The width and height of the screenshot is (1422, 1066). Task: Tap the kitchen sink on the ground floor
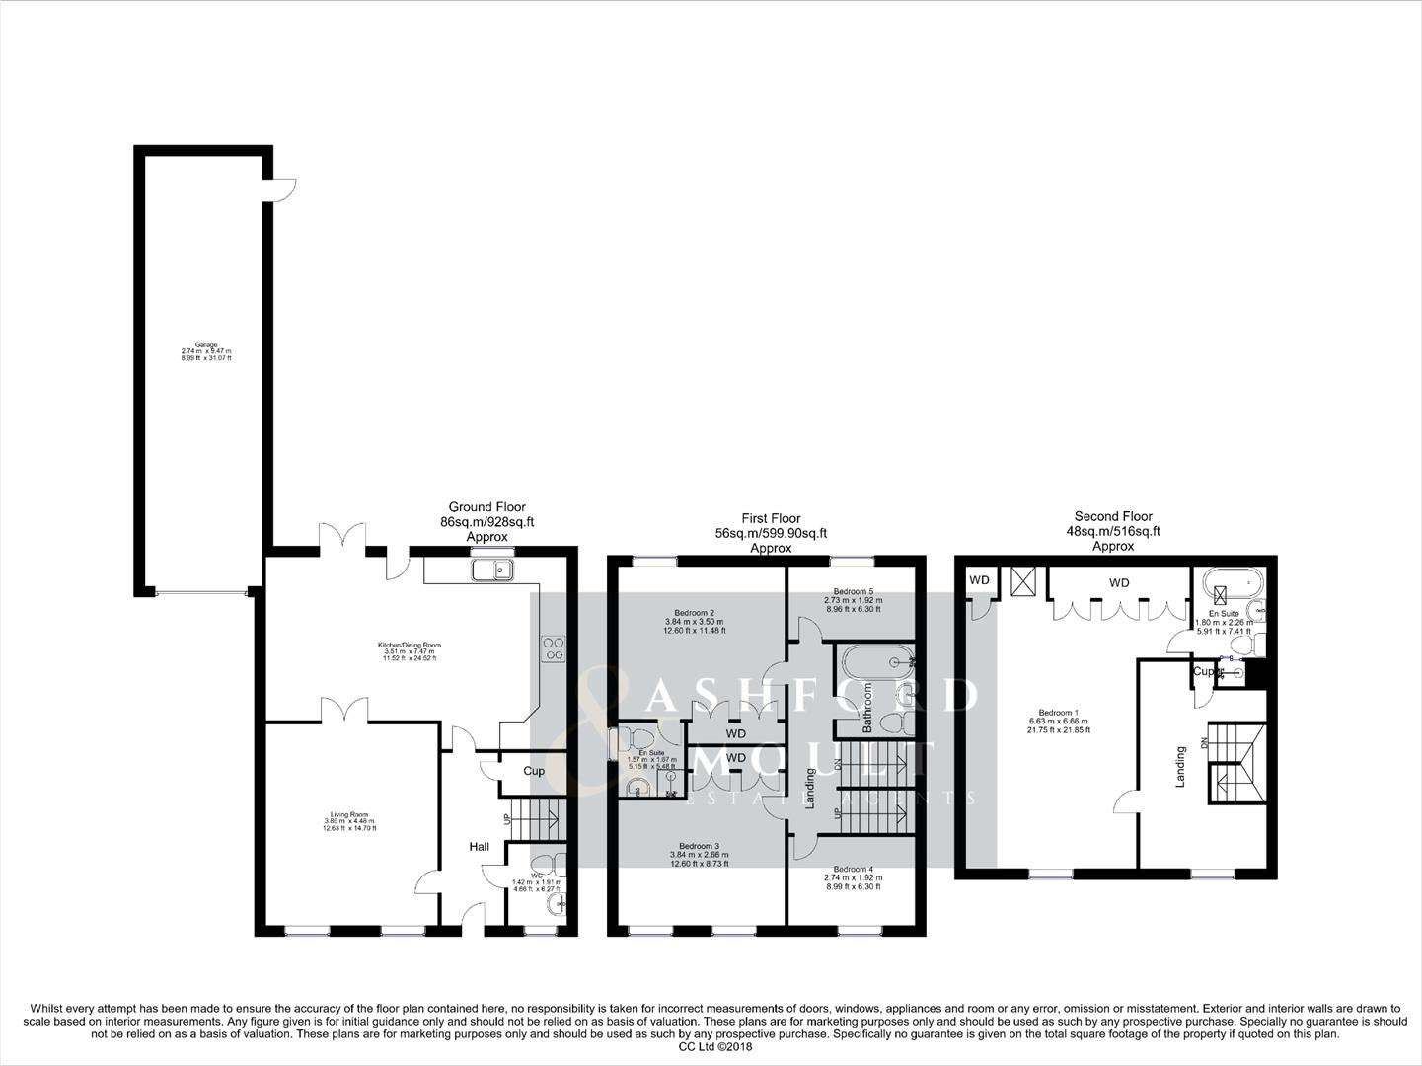pos(492,570)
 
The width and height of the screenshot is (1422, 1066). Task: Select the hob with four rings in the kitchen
pos(553,648)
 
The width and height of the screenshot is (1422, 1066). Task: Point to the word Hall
pos(479,847)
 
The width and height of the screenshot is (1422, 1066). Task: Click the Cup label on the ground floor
pos(534,771)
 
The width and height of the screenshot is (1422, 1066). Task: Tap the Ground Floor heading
pos(486,507)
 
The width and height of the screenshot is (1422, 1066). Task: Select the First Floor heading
pos(771,518)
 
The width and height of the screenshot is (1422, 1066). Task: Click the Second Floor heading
pos(1113,516)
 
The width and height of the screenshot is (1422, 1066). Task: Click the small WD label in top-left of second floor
pos(978,580)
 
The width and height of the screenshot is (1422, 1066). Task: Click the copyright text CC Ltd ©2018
pos(711,1046)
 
